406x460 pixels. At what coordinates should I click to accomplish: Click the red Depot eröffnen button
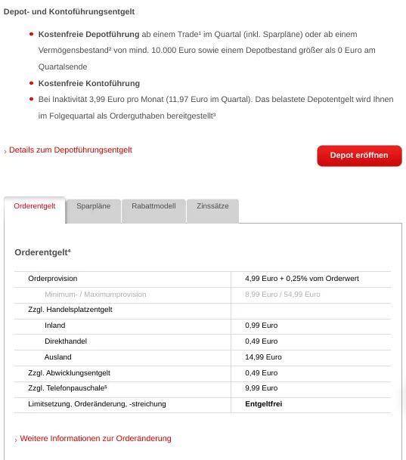(359, 156)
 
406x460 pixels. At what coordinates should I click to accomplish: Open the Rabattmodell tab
(153, 205)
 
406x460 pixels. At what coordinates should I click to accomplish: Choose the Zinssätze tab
(212, 205)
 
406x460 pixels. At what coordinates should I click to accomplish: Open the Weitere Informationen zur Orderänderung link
(95, 438)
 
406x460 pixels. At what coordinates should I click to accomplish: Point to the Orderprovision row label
(53, 279)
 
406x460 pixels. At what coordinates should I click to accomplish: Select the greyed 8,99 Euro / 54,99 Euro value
(283, 294)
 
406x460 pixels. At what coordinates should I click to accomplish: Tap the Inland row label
(55, 326)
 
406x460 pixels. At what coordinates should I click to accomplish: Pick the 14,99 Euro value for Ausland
(263, 357)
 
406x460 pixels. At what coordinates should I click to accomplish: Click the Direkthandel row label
(66, 341)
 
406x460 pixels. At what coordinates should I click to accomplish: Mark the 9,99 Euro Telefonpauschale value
(261, 388)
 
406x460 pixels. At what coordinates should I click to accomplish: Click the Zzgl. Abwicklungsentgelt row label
(70, 372)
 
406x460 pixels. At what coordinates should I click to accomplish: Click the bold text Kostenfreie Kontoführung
(89, 83)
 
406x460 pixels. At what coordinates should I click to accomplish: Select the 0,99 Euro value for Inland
(261, 326)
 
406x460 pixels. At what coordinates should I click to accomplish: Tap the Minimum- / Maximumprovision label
(95, 294)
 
